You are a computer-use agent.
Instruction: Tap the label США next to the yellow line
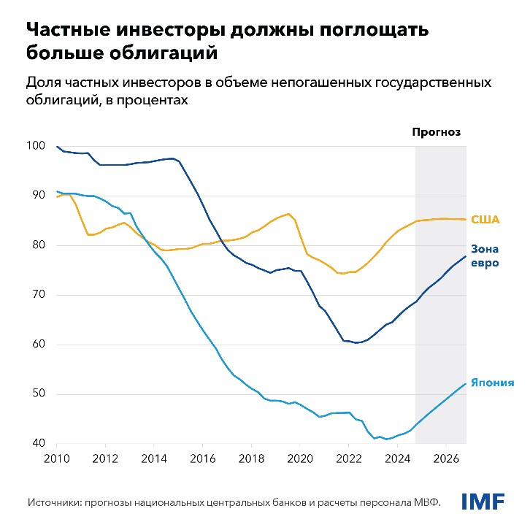pos(484,219)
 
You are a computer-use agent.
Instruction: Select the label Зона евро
pos(485,256)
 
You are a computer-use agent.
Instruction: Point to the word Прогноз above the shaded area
pos(437,132)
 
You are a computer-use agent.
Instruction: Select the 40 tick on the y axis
pos(38,444)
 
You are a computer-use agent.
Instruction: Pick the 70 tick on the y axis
pos(38,295)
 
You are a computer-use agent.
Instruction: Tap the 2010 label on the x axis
pos(57,460)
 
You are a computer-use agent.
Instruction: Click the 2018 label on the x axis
pos(251,460)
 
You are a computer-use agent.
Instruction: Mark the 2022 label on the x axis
pos(348,460)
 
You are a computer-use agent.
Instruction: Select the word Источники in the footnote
pos(59,502)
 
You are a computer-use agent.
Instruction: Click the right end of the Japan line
pos(466,384)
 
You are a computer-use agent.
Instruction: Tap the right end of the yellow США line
pos(466,219)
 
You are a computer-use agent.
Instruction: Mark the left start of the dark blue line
pos(57,147)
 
